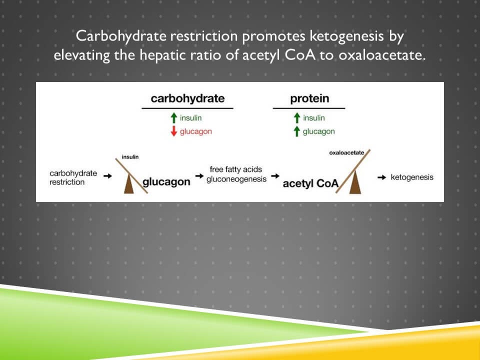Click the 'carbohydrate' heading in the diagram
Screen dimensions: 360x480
point(187,98)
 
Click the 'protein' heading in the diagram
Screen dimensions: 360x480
point(309,98)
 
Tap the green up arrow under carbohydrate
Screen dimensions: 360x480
point(173,118)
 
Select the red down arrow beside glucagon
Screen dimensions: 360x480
point(173,131)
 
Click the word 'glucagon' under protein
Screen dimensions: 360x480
point(318,131)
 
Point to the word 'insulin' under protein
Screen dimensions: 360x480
point(313,118)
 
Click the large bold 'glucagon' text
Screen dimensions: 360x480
point(166,181)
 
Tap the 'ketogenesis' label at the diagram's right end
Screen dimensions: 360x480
point(412,177)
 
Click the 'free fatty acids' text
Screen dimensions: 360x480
point(236,169)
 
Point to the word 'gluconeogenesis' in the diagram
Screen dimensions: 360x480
point(236,179)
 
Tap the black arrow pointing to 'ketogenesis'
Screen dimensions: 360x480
point(381,177)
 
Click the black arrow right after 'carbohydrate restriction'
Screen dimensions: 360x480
point(107,175)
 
